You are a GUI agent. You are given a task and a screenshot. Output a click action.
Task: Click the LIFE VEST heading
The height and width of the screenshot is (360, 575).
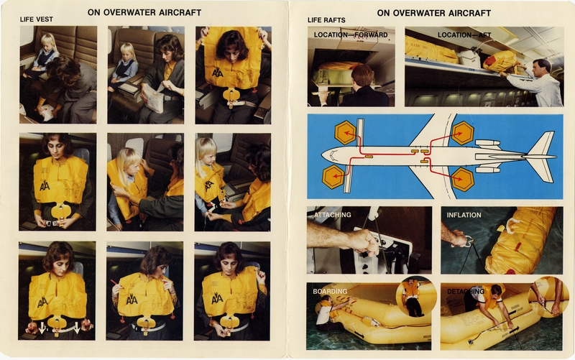point(37,19)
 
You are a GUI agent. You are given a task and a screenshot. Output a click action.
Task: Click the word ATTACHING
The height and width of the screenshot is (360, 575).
point(332,215)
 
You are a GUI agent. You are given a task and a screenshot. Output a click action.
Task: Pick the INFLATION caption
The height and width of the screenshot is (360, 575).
point(464,215)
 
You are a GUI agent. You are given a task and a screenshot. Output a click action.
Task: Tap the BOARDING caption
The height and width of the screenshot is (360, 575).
point(330,292)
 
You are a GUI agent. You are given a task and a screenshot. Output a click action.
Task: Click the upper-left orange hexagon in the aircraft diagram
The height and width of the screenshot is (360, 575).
point(346,132)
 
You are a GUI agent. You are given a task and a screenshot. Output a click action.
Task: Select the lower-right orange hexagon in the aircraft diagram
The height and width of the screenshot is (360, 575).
point(462,179)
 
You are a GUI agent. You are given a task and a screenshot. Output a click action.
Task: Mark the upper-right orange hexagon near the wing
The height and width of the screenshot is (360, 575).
point(462,132)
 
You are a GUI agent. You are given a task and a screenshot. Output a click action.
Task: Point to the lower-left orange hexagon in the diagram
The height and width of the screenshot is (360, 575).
point(333,176)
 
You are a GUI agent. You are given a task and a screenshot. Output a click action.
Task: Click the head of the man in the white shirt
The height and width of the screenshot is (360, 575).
point(541,67)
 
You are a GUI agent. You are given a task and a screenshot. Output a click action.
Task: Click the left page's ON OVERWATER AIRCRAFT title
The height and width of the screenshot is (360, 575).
point(144,12)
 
